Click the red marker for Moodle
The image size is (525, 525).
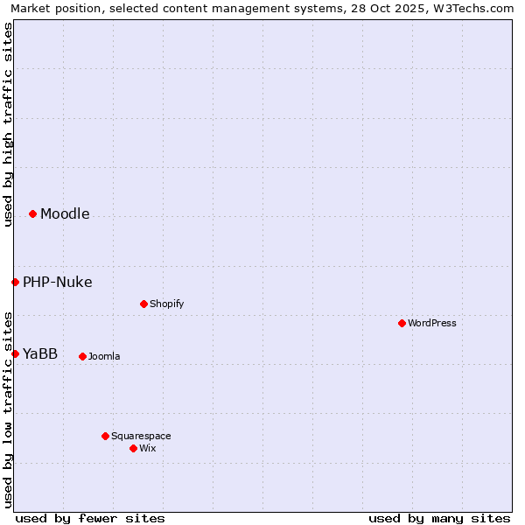[x=32, y=213]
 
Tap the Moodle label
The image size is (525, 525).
[x=65, y=214]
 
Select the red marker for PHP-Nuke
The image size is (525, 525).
[x=15, y=282]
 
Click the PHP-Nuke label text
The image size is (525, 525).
[x=57, y=283]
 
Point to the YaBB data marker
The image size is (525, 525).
[x=15, y=353]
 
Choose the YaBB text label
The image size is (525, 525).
[x=40, y=354]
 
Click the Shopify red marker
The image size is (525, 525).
[x=143, y=304]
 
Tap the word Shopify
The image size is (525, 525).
[x=166, y=304]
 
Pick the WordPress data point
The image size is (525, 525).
[x=402, y=323]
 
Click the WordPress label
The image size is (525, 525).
[x=431, y=324]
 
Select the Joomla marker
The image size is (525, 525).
[x=82, y=356]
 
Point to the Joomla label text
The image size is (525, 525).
[x=104, y=357]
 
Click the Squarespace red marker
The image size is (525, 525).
[x=105, y=436]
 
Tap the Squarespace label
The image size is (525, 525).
[x=141, y=437]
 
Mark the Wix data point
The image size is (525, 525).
[x=133, y=448]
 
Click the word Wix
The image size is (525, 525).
[x=147, y=449]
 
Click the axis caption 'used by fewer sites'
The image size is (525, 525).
[x=90, y=518]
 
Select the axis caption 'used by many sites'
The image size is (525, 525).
[x=439, y=518]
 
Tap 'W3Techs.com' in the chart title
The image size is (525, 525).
[x=477, y=9]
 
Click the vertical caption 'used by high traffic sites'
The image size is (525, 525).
[x=8, y=124]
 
